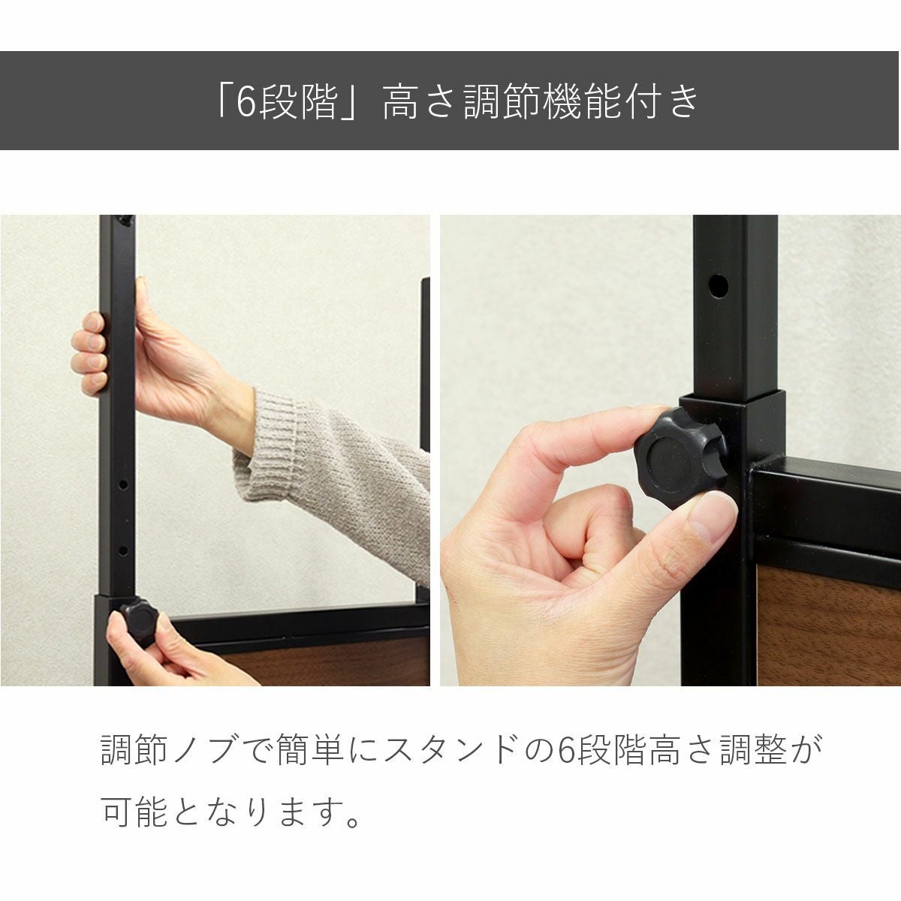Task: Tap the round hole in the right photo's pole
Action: tap(718, 285)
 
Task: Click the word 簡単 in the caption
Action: tap(309, 749)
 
